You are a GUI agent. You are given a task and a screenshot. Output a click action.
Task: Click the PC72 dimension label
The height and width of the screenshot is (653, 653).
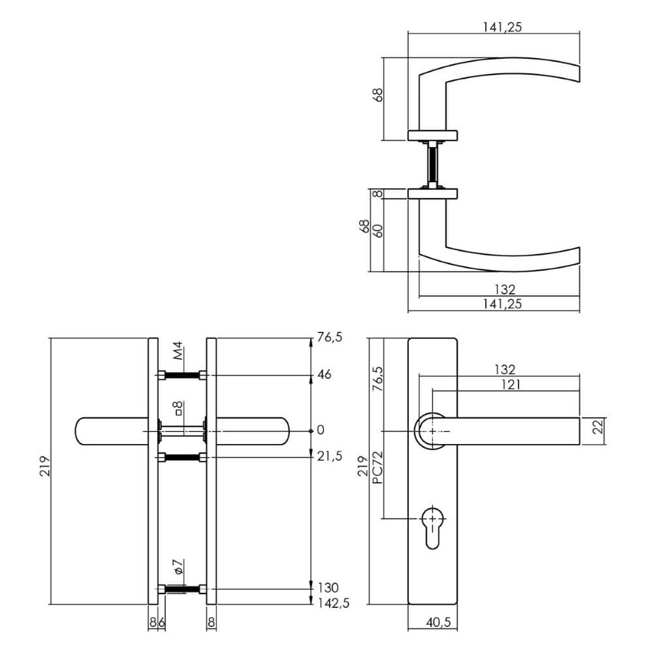377,468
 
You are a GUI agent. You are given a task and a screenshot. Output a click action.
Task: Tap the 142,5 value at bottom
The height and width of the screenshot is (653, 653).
333,603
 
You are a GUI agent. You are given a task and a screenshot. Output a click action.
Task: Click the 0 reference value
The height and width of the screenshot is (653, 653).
320,430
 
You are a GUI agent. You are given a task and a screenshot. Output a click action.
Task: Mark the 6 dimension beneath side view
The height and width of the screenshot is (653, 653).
161,622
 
